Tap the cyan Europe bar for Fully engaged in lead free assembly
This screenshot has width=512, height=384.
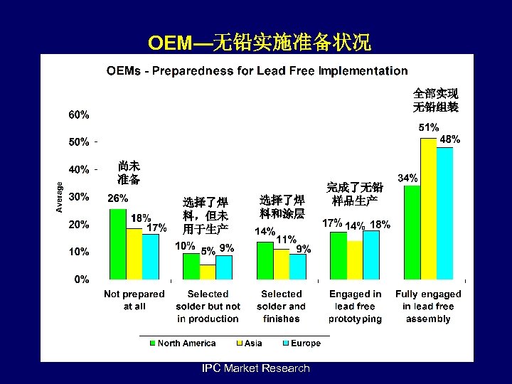tap(444, 213)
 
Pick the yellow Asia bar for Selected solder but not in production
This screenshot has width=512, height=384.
tap(207, 272)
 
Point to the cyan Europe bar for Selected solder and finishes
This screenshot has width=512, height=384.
tap(298, 267)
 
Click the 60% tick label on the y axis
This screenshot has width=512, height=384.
tap(79, 114)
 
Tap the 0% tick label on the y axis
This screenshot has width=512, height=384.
tap(82, 279)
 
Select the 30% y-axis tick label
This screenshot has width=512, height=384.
tap(79, 196)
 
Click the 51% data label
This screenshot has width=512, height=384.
tap(428, 127)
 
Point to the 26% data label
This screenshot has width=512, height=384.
tap(117, 198)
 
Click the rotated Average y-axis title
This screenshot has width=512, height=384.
tap(60, 195)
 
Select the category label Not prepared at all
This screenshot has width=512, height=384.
tap(134, 300)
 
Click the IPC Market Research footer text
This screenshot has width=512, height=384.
tap(256, 368)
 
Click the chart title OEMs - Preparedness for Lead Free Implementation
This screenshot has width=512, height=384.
tap(257, 70)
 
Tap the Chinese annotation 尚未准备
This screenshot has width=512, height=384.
tap(129, 171)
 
